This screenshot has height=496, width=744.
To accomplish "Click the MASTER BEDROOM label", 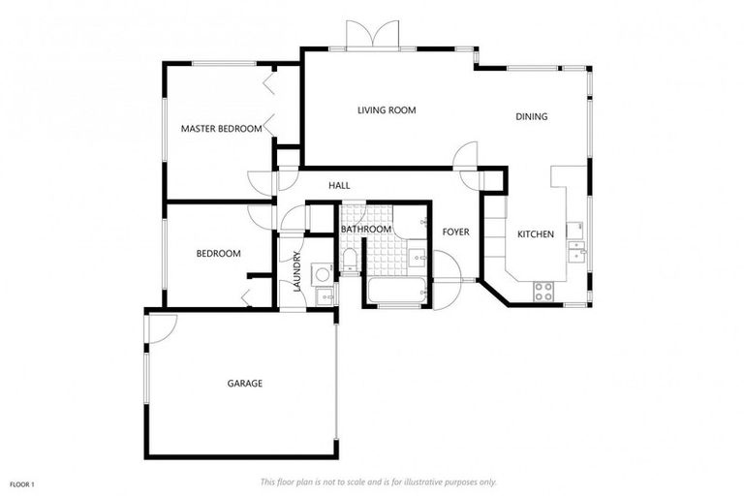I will click(x=221, y=128).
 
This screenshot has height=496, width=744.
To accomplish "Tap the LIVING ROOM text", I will click(x=387, y=110).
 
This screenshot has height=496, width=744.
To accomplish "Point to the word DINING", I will click(x=531, y=116).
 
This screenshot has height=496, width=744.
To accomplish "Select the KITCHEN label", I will click(x=535, y=234).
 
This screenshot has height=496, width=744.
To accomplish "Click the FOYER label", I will click(x=455, y=232).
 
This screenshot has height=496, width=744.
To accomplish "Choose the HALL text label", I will click(x=339, y=185).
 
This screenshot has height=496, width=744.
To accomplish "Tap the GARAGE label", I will click(x=245, y=384).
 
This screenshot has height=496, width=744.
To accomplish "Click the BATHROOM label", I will click(x=365, y=229).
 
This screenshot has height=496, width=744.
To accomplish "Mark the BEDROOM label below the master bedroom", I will click(x=218, y=254).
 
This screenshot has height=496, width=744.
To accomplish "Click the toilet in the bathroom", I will click(x=349, y=258).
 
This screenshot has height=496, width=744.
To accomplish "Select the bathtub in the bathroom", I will click(x=395, y=290).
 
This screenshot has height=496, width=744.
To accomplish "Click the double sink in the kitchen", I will click(x=576, y=251).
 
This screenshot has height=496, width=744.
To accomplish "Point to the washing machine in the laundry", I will click(x=323, y=274).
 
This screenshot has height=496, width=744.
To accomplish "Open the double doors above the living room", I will click(x=372, y=35).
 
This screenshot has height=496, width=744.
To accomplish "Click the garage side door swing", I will click(x=160, y=329).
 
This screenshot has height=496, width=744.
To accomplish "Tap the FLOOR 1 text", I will click(x=22, y=483).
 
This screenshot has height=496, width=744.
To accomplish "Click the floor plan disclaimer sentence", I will click(x=378, y=481).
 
